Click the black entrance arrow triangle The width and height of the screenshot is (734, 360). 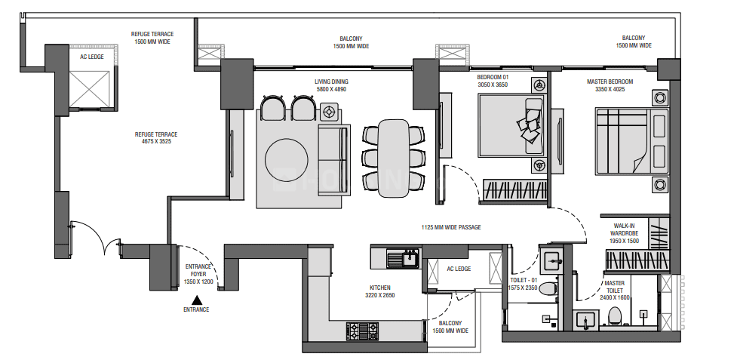197,300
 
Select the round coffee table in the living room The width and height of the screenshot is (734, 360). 287,160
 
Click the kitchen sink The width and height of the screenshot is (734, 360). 404,258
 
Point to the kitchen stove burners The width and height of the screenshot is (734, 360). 362,331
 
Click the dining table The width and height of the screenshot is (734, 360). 393,158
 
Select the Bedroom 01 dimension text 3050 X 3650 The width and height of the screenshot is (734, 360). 493,85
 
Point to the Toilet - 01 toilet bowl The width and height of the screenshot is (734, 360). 547,288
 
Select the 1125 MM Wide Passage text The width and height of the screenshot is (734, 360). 451,227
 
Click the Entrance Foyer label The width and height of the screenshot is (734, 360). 198,274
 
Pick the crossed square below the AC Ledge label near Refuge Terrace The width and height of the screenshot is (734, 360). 90,89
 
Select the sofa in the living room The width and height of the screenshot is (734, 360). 333,160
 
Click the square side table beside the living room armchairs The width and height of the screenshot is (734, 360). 328,112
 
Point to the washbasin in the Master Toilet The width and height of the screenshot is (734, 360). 584,320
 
